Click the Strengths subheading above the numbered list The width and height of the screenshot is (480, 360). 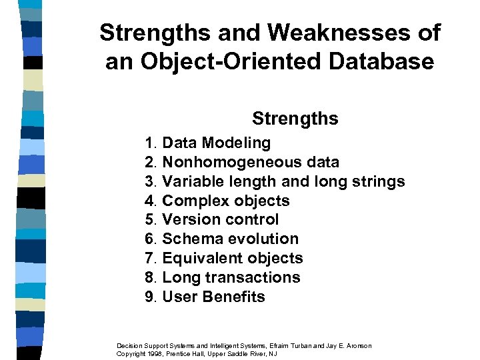[295, 119]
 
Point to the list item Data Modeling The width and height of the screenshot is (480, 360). [217, 143]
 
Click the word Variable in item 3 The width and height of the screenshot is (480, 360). [193, 181]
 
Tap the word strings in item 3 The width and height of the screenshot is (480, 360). [379, 181]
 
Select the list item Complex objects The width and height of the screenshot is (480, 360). [226, 201]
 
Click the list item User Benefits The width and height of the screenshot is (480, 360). [213, 297]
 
